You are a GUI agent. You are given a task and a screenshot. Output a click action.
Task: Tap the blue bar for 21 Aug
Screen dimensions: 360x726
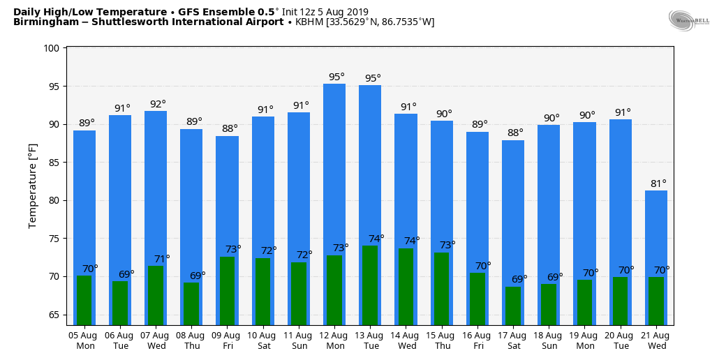tap(656, 230)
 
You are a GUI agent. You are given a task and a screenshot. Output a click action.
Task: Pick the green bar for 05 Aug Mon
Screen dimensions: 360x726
tap(84, 300)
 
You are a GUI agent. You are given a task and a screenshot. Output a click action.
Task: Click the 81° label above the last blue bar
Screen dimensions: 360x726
tap(659, 184)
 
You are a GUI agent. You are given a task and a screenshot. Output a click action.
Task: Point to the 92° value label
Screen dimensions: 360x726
tap(158, 105)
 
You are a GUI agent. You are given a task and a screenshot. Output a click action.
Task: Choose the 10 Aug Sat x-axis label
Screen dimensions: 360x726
tap(263, 340)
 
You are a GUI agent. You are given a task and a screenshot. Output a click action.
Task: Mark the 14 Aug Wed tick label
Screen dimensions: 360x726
tap(406, 340)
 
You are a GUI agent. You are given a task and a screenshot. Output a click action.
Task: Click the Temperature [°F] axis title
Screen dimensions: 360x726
tap(33, 186)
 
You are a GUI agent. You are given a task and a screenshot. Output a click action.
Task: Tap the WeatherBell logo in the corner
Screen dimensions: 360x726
tap(688, 20)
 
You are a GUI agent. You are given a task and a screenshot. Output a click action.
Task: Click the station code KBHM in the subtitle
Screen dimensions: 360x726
tap(309, 22)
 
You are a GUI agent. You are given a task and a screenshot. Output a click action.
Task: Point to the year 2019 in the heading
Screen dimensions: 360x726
tap(357, 12)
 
